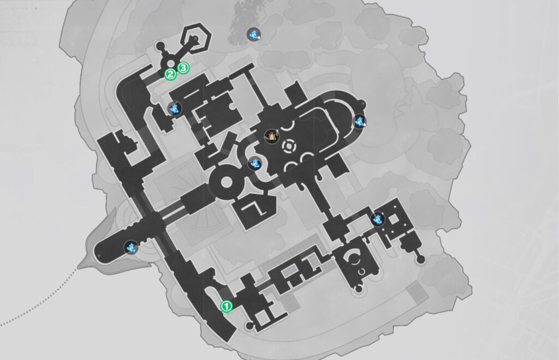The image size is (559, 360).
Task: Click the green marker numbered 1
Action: point(227,306)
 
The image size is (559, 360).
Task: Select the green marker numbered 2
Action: point(170,74)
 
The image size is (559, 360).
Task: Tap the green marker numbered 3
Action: point(183,68)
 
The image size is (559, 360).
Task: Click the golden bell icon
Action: point(272,136)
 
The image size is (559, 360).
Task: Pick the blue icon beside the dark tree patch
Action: point(254,34)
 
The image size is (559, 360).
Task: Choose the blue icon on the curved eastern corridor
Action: point(359,122)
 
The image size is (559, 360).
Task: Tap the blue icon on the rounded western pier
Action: point(131,247)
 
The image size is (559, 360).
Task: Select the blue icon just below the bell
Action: point(254,164)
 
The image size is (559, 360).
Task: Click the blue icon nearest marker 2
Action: point(175,108)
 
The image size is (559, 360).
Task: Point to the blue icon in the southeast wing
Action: point(378,219)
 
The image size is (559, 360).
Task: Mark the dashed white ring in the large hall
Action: point(289,146)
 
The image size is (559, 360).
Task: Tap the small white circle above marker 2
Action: point(171,63)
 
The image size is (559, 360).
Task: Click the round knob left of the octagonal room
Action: point(160,46)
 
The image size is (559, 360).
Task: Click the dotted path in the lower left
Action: point(39,302)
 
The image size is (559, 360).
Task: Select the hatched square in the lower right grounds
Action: point(417,292)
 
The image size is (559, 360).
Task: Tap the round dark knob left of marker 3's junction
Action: point(160,46)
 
